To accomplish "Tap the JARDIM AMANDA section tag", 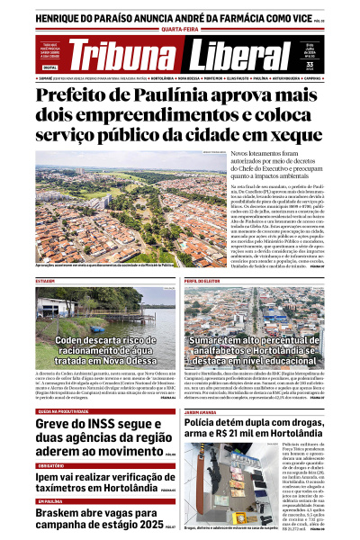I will click(203, 388).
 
